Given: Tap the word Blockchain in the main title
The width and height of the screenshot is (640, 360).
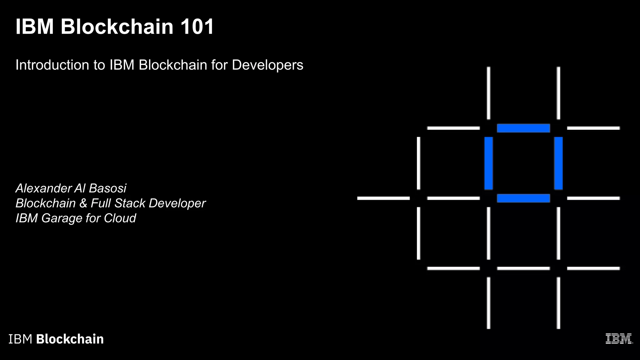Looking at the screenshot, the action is coord(117,27).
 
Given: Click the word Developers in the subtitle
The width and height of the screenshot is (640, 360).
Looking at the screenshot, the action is coord(267,65).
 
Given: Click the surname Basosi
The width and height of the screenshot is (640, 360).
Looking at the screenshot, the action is coord(107,188).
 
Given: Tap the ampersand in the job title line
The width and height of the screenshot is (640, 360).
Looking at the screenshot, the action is coord(83,203).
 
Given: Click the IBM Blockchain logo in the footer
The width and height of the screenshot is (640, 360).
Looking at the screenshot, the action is coord(56,339).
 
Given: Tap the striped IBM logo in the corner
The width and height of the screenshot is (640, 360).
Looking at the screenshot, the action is coord(619,339).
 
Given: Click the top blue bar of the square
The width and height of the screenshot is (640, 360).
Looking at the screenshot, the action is coord(523,128).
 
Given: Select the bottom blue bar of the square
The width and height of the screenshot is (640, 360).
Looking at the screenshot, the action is coord(523,198).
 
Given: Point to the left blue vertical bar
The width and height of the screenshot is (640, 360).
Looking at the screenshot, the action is coord(488,163).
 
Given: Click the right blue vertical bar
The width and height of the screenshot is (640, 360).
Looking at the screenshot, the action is coord(558,163).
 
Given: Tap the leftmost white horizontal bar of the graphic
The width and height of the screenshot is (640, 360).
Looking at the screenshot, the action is coord(383,198).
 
